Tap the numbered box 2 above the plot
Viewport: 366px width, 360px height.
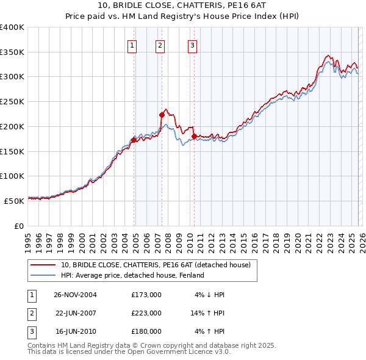point(160,45)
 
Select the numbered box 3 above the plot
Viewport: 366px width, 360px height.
point(192,45)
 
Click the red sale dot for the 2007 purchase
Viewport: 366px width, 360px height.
point(162,115)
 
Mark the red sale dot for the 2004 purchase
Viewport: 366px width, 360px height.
point(134,140)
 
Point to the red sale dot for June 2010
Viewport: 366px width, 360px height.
point(193,136)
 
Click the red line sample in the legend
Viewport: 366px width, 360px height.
point(44,265)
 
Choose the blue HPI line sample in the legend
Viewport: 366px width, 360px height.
point(44,275)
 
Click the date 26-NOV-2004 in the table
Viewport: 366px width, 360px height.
point(75,295)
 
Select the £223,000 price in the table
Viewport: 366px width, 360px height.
point(146,313)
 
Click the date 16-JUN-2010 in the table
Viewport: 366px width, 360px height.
point(75,331)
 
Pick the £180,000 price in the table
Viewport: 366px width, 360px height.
point(146,331)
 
